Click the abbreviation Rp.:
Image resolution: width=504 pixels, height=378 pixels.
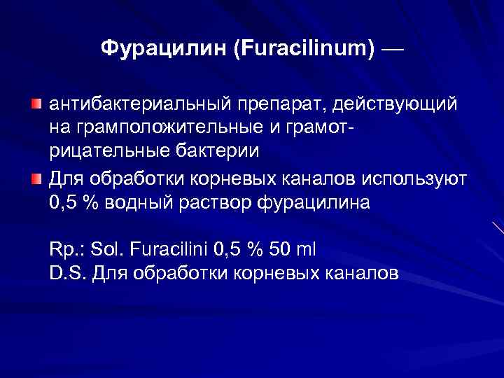tap(65, 249)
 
